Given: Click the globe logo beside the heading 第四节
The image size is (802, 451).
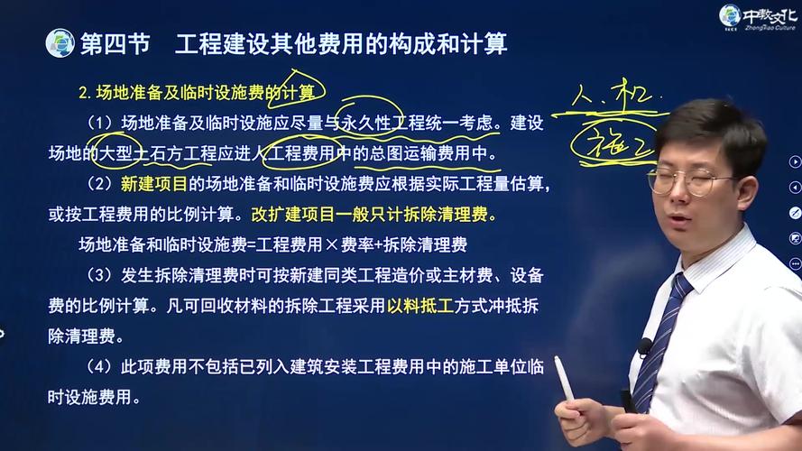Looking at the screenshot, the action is point(60,43).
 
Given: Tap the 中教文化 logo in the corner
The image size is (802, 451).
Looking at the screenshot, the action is point(758,17).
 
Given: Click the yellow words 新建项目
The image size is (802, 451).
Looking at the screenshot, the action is point(154,184).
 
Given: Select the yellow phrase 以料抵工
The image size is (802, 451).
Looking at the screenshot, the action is point(420,306).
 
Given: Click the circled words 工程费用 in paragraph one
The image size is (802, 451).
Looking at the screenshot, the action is point(301,153).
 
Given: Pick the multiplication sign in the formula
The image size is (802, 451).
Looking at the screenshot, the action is point(332,245).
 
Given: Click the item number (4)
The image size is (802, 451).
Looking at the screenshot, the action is point(99,366).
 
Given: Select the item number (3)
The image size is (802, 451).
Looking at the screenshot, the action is point(99,276).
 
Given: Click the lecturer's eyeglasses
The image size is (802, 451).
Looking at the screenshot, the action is point(688,180).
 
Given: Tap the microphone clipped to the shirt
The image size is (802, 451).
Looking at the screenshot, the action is point(644,347).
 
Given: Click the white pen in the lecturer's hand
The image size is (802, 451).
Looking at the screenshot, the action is point(565,379).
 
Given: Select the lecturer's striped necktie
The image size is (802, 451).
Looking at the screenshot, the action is point(659,344).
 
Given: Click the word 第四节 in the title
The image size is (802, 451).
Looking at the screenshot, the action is point(115,43).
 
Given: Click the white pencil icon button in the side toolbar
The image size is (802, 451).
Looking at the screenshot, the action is point(795,213).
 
